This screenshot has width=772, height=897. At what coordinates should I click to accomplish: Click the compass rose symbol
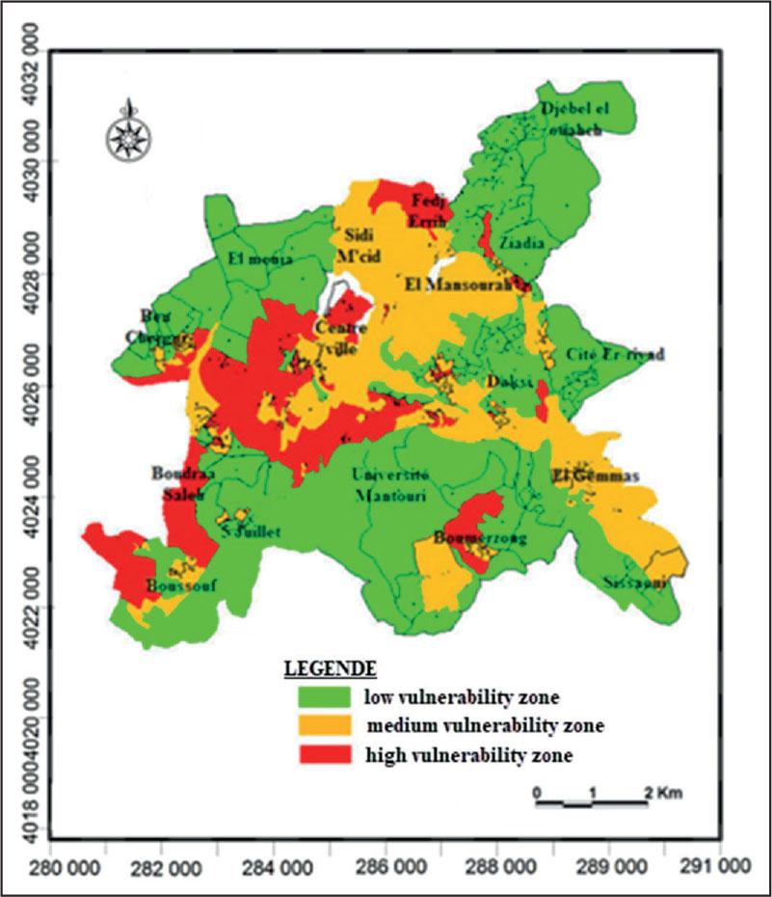point(125,129)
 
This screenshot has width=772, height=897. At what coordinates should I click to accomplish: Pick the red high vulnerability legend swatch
point(327,753)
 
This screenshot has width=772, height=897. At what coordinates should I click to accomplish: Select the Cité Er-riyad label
point(616,355)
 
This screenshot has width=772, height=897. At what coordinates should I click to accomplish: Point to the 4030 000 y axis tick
point(21,160)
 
